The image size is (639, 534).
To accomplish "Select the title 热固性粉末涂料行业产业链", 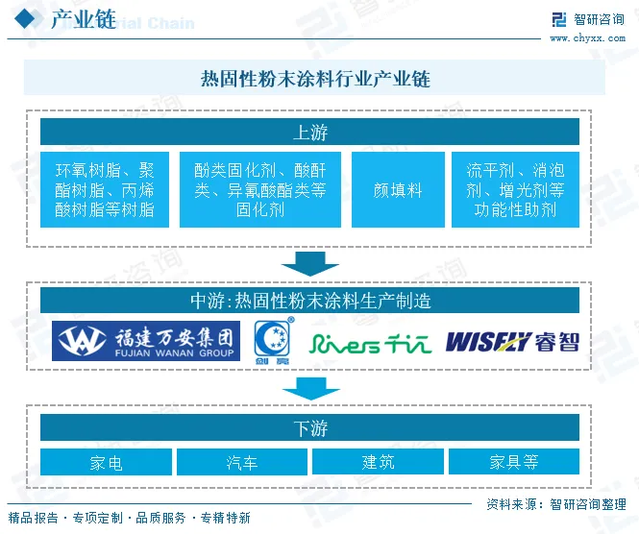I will (314, 79).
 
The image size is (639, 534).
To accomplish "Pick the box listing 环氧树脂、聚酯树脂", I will (105, 190).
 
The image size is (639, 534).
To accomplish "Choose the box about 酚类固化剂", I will (259, 190).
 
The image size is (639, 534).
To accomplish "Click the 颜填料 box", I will (398, 190).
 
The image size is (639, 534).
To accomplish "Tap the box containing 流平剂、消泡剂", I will (515, 190).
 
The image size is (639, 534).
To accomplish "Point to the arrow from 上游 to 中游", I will (310, 262).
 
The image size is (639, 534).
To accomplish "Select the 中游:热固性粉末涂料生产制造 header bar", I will (310, 301).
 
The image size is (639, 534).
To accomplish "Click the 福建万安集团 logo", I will (146, 340).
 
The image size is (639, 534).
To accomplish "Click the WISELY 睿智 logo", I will (512, 341).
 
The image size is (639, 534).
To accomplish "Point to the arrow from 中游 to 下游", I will (310, 388).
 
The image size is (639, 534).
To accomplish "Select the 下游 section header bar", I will (310, 428).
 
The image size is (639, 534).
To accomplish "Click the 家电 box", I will (106, 463).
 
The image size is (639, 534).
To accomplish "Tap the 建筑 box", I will (378, 463).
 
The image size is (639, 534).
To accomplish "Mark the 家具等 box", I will (513, 463).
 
